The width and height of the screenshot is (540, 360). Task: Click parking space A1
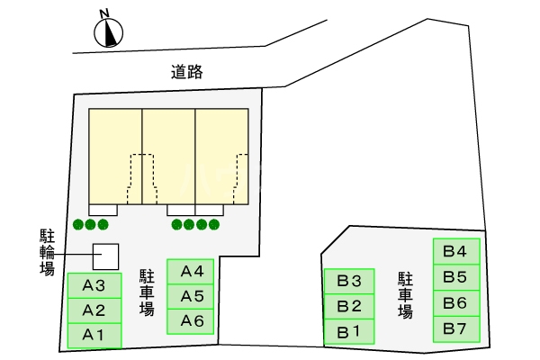[x=94, y=336]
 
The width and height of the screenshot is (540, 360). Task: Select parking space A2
[x=94, y=311]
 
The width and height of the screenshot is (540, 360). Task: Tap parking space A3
[x=94, y=286]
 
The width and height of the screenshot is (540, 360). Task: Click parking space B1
[x=348, y=332]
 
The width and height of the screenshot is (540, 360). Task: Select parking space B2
[x=348, y=306]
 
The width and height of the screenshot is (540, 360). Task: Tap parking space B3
[x=348, y=281]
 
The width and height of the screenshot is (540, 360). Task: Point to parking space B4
[x=455, y=251]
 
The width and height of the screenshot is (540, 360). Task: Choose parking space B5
[x=455, y=277]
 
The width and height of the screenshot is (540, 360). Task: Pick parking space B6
[x=455, y=303]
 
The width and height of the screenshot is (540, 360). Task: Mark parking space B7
[x=455, y=328]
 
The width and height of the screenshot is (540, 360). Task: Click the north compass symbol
[x=108, y=33]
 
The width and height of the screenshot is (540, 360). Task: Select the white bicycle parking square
[x=106, y=256]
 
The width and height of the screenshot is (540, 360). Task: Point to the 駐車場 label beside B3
[x=405, y=294]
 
